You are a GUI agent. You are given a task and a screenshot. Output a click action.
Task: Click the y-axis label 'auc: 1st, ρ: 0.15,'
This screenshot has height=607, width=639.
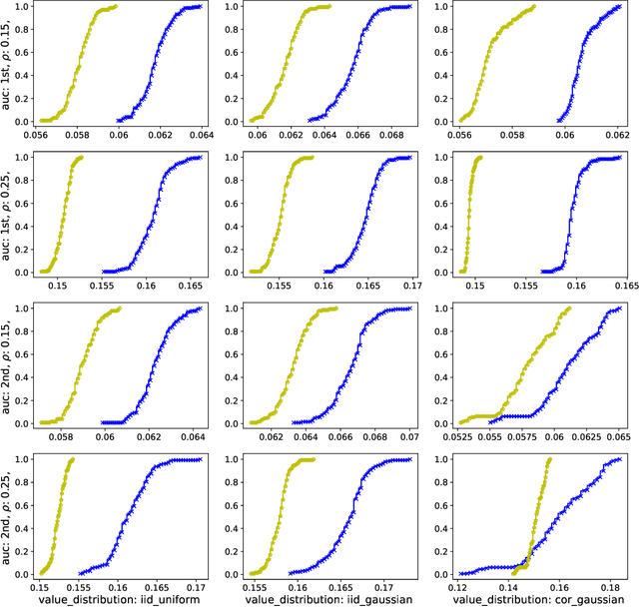[x=9, y=66]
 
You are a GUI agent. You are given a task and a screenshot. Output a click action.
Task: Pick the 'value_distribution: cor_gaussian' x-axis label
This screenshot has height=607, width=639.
[x=531, y=600]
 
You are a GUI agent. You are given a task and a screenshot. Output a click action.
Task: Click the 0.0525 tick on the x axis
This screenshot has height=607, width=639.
[x=460, y=437]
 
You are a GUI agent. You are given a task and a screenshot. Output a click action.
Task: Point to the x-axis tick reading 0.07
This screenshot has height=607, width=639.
[x=409, y=437]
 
